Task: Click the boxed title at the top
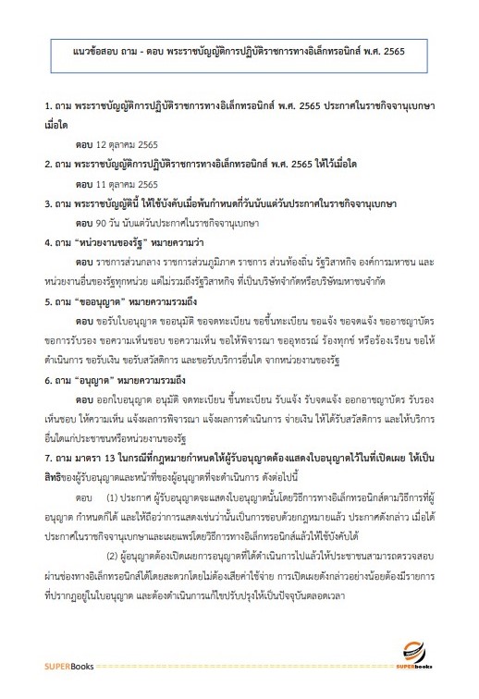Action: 239,49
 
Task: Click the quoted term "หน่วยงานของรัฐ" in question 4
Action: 104,243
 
